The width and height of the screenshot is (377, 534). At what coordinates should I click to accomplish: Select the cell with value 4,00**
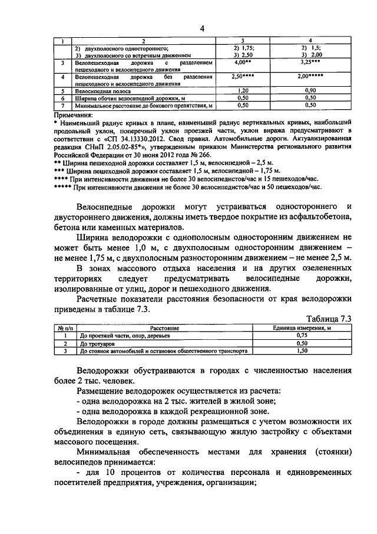coord(243,62)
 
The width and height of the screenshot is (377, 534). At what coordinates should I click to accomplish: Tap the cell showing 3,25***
coord(310,62)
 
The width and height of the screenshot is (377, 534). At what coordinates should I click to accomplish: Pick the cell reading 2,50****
coord(243,77)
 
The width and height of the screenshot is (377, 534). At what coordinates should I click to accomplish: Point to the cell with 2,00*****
coord(310,77)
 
